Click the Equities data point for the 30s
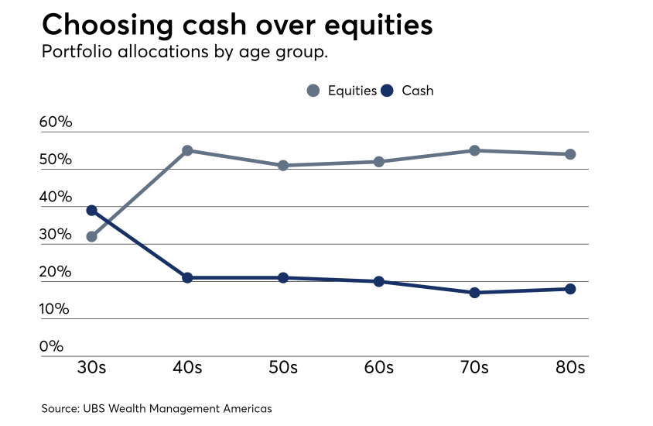pos(91,236)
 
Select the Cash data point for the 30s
pos(91,210)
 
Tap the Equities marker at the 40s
pos(187,150)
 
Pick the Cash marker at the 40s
pos(187,277)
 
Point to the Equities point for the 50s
pos(283,165)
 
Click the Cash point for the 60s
pos(379,281)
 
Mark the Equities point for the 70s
pos(474,150)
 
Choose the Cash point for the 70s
pos(474,292)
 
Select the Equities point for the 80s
pos(570,154)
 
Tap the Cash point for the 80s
pos(570,289)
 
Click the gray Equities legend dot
pos(313,91)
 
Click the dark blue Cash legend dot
pos(388,91)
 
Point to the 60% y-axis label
pos(56,122)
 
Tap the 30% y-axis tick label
pos(56,235)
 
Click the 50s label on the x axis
pos(283,367)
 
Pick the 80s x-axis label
pos(570,367)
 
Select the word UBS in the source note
pos(95,407)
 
